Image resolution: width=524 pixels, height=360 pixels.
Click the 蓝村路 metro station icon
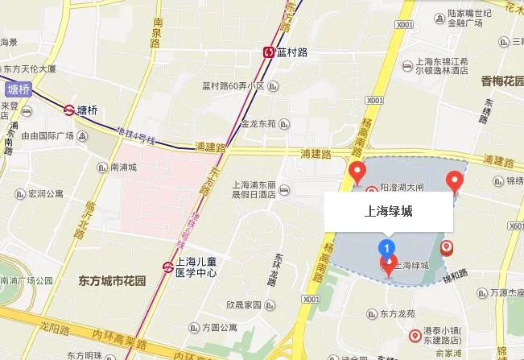(268, 52)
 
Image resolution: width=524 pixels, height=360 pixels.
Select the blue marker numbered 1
(388, 246)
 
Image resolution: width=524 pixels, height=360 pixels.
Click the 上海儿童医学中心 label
(196, 267)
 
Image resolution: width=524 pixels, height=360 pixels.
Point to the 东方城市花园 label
(113, 281)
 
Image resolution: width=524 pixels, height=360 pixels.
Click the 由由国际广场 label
(47, 136)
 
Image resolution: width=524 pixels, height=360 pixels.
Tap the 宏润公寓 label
(46, 193)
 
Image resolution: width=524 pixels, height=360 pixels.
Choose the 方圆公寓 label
(220, 328)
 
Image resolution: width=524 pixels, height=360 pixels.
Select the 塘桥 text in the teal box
(18, 90)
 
